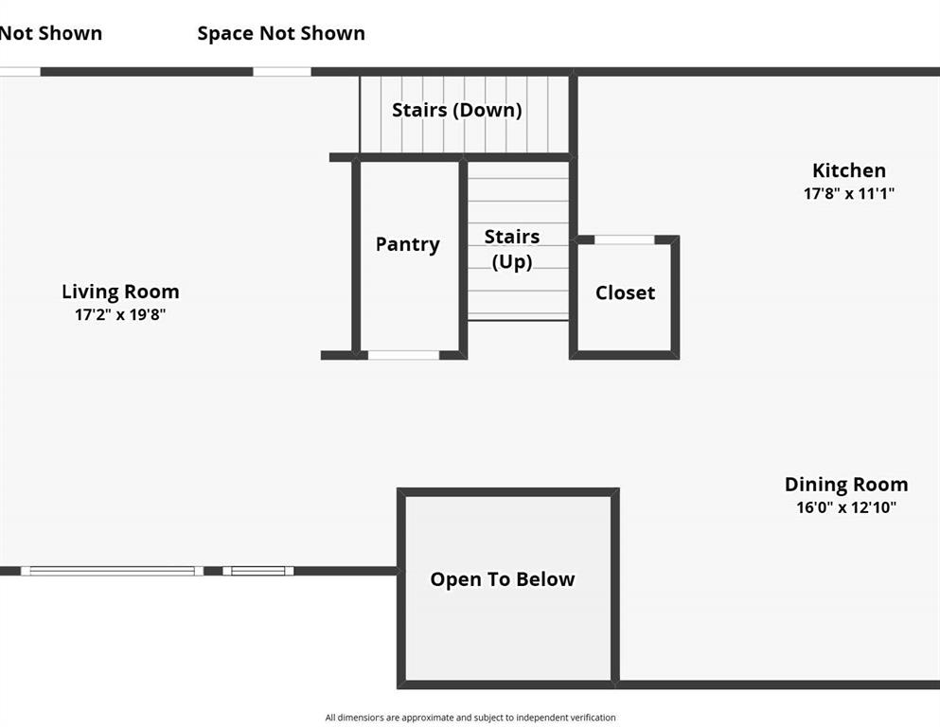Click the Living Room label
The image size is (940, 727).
[x=120, y=292]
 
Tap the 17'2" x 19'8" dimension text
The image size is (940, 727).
[x=120, y=314]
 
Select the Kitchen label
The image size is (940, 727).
[x=849, y=170]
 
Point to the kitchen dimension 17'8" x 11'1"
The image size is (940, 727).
[x=849, y=194]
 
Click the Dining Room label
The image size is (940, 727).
[x=846, y=485]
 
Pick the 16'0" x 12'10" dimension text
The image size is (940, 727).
[x=846, y=507]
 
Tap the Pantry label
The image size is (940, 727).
[x=408, y=244]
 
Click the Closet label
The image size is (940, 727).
[x=626, y=293]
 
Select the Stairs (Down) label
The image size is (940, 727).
[x=457, y=110]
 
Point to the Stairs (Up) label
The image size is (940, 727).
[x=512, y=249]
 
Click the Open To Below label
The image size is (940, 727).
[x=503, y=579]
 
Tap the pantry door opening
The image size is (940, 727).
[x=403, y=355]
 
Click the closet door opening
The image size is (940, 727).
[x=624, y=239]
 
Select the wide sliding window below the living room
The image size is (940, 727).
[x=112, y=571]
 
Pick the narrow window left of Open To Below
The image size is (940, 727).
[x=258, y=571]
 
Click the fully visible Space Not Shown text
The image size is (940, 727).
[x=281, y=33]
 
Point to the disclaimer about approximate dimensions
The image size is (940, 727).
[x=470, y=718]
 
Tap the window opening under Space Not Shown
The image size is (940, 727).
[x=282, y=72]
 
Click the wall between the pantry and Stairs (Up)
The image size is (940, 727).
[x=464, y=257]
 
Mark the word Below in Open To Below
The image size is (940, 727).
[x=545, y=579]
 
